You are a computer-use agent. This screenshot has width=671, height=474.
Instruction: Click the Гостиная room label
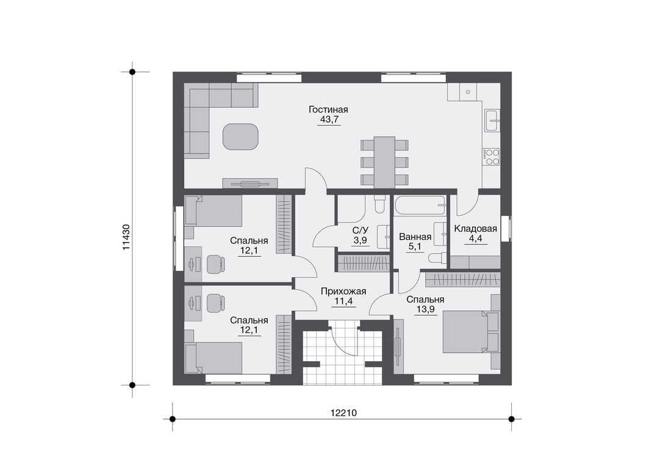click(x=328, y=110)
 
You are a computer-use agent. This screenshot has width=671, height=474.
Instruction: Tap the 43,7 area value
click(x=329, y=120)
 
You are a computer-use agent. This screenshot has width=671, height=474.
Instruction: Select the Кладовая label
click(x=475, y=228)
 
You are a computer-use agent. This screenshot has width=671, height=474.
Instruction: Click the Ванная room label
click(x=415, y=237)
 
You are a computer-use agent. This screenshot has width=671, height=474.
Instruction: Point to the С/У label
click(x=360, y=230)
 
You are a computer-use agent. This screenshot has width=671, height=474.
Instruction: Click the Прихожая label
click(x=343, y=292)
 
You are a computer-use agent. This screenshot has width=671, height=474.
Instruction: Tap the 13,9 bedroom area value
click(x=425, y=310)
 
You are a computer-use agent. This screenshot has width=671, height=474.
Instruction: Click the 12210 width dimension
click(x=343, y=413)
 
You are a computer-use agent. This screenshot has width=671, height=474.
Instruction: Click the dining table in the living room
click(x=384, y=162)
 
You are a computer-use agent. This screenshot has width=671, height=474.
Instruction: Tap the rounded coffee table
click(x=240, y=137)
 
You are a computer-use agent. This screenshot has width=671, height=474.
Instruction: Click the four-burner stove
click(x=491, y=156)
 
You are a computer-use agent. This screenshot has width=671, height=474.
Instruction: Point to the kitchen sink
click(x=492, y=120)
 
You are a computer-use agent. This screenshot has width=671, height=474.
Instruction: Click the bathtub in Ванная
click(x=420, y=206)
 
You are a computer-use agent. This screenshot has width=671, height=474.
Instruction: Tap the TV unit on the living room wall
click(x=250, y=184)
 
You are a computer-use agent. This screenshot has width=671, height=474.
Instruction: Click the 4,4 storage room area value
click(x=475, y=239)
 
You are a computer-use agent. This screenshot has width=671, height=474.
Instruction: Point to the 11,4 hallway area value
click(x=343, y=301)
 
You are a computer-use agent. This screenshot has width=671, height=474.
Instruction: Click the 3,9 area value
click(x=360, y=240)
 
